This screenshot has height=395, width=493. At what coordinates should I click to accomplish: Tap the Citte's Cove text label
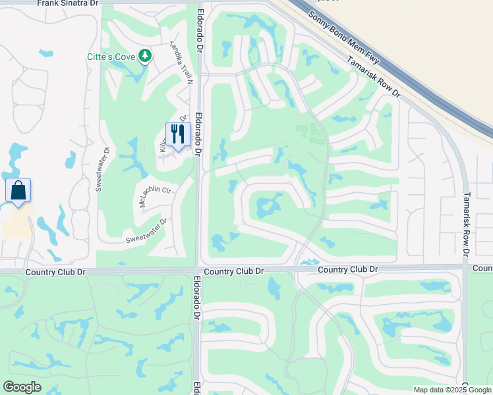point(111,57)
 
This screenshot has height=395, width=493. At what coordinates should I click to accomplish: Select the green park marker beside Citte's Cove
point(145,57)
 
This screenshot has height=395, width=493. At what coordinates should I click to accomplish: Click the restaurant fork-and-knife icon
point(178,134)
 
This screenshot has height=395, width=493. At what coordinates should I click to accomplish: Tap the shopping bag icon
point(18,191)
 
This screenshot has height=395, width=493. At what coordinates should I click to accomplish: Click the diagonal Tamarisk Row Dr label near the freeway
point(373,77)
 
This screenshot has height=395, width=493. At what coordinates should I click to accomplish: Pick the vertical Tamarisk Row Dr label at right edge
point(466,224)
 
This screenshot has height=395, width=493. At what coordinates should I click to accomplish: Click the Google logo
point(22,387)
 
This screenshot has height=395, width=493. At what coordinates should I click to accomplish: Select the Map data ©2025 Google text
point(452,390)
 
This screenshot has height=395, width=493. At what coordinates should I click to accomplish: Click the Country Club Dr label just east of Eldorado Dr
point(234,271)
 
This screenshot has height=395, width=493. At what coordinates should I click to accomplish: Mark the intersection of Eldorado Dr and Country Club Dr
point(198,269)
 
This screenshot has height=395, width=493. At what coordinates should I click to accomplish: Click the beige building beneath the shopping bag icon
point(18,224)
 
